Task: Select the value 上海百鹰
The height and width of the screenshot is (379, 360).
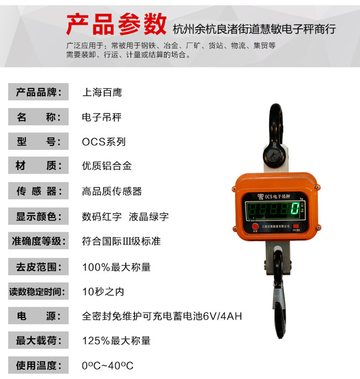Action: coord(102,92)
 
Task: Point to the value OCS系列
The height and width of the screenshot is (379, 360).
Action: coord(103,141)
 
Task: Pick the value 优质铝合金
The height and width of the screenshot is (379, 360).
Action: coord(107,166)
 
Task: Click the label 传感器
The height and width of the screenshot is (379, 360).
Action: coord(39,191)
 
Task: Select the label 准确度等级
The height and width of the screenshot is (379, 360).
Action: coord(39,241)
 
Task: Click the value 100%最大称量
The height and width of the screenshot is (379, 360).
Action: coord(116,266)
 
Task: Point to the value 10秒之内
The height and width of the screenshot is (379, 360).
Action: coord(103,291)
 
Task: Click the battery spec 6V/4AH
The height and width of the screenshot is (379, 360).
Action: coord(222,316)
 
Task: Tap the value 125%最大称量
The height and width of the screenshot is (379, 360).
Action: coord(116,340)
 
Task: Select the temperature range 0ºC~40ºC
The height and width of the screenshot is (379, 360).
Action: coord(108,365)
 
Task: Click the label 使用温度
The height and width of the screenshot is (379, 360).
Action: coord(39,365)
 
